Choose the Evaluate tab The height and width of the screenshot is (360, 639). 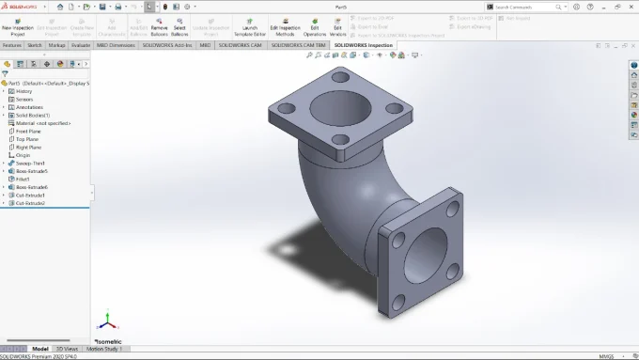81,44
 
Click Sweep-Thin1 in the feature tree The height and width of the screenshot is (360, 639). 30,163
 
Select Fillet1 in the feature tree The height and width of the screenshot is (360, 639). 24,179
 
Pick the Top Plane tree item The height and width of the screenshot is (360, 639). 28,139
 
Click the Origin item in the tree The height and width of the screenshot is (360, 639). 24,155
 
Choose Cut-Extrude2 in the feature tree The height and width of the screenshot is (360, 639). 31,203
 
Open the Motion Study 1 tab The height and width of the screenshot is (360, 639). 105,349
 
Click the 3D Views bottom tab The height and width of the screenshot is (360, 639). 68,349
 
